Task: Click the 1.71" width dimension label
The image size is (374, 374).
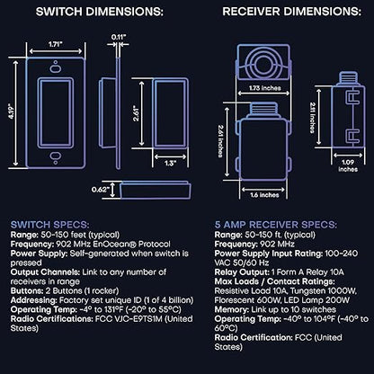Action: pos(56,44)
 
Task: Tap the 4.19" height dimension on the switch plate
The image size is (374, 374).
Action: pos(12,111)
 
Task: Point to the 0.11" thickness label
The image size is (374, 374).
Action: pos(119,37)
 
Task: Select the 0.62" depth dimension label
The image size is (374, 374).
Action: pos(100,190)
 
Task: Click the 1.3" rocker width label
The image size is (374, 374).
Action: pos(170,163)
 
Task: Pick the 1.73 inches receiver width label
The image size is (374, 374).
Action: pos(265,88)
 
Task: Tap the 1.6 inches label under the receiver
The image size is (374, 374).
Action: pos(264,195)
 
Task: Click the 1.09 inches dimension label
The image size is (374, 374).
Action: pos(348,165)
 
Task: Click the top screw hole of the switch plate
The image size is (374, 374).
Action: pos(56,62)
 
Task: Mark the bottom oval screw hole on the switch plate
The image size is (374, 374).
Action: pos(56,156)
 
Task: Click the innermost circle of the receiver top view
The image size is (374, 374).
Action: pos(263,64)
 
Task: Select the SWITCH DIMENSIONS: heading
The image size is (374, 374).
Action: pos(100,12)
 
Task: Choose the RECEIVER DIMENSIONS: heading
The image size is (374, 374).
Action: pos(291,12)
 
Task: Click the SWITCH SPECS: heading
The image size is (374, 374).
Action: pos(49,225)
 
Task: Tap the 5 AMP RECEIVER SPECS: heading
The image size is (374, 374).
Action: pos(276,225)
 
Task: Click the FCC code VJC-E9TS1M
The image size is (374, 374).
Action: pos(138,319)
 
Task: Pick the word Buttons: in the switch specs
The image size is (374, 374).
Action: pos(27,291)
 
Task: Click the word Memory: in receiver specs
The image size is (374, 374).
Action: pos(231,309)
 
